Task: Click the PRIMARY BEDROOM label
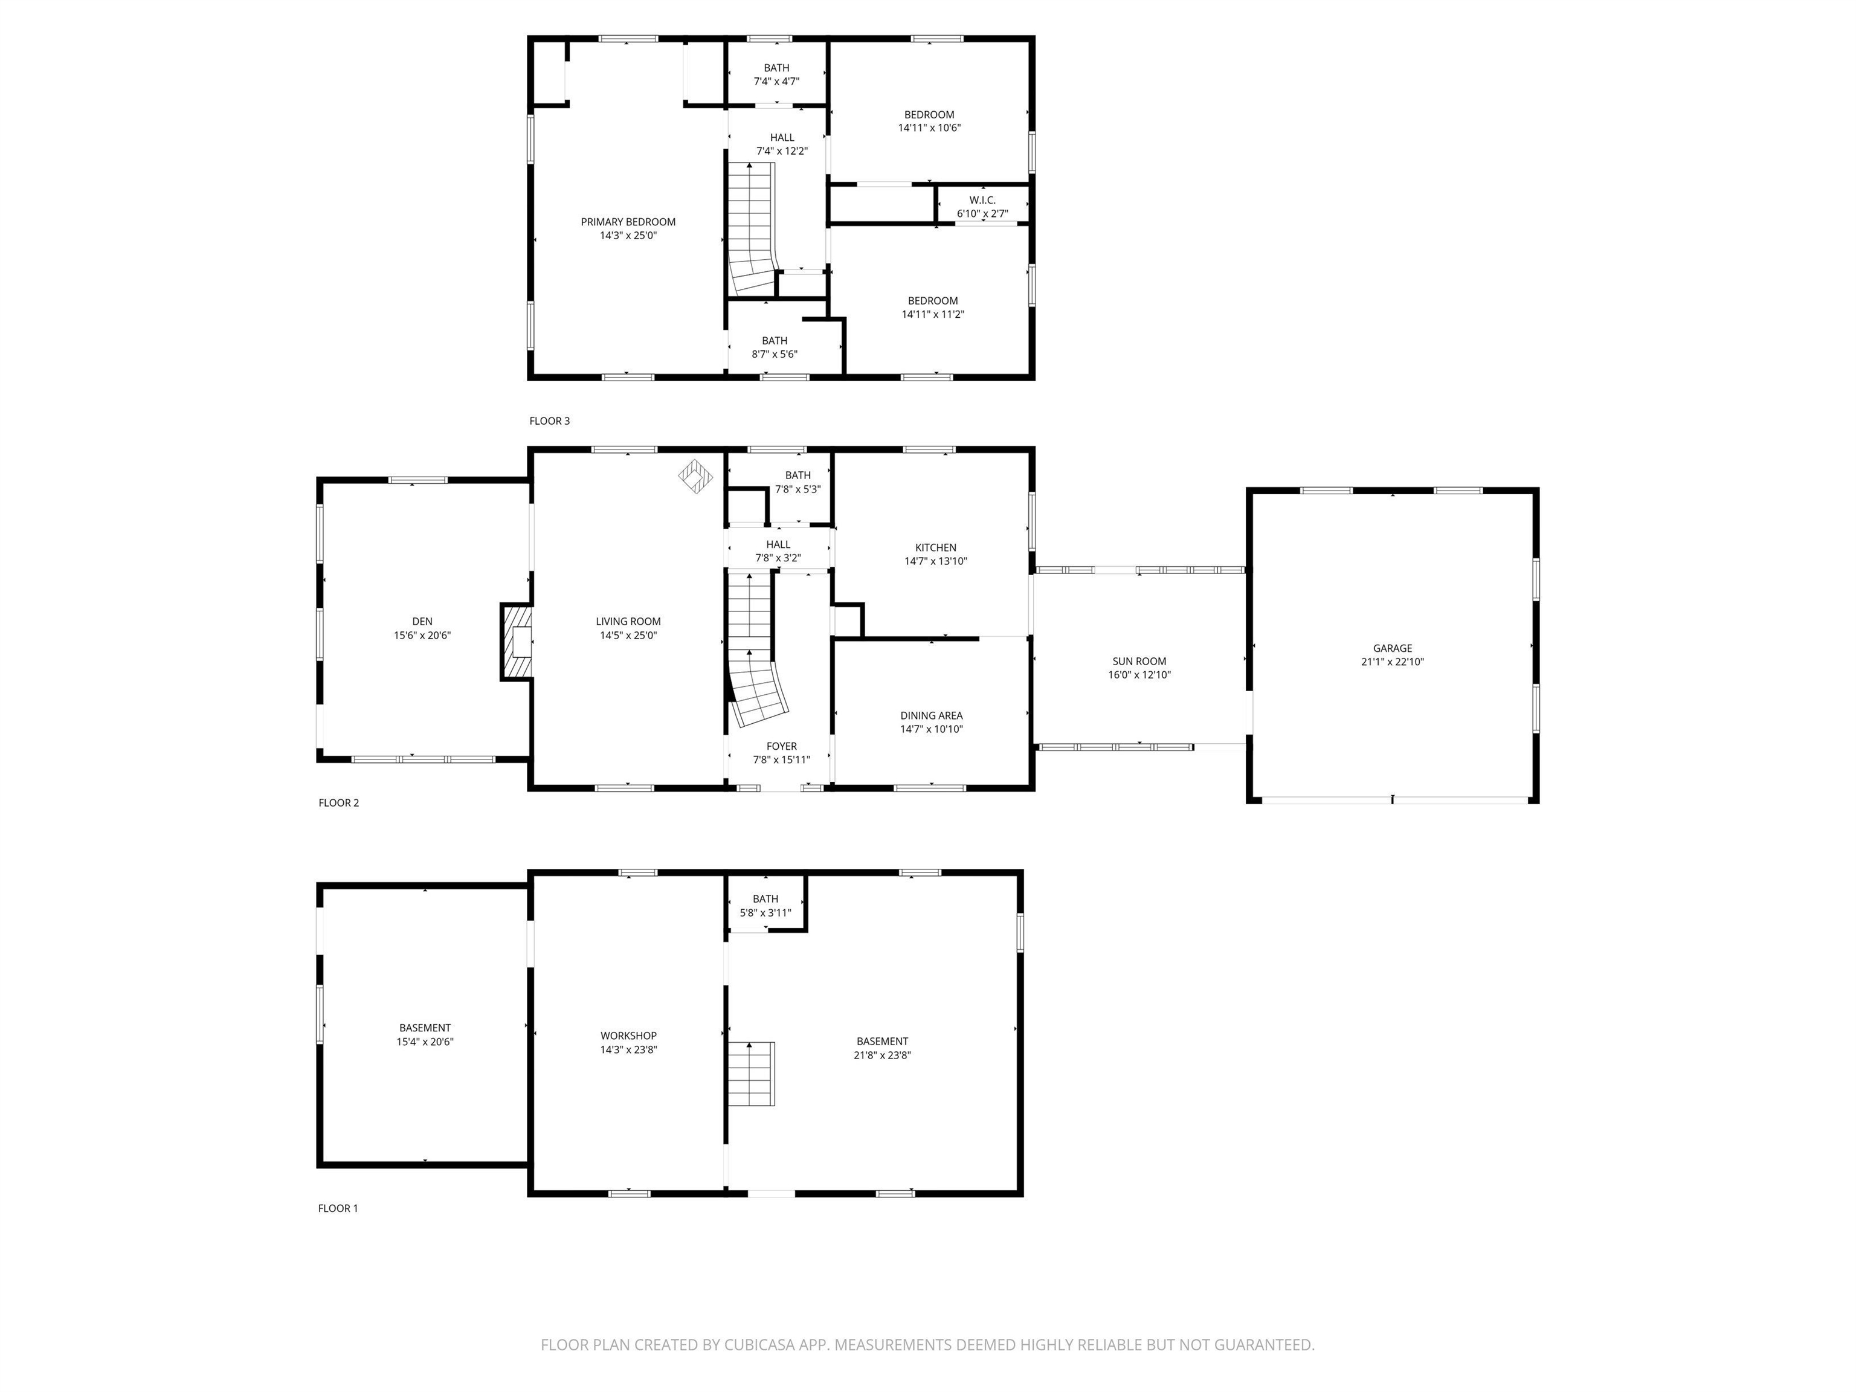pyautogui.click(x=628, y=222)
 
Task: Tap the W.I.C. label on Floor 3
pyautogui.click(x=982, y=201)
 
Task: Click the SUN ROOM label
pyautogui.click(x=1139, y=661)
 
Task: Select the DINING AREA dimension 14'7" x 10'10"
pyautogui.click(x=932, y=729)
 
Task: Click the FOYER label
pyautogui.click(x=781, y=746)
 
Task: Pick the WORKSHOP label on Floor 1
pyautogui.click(x=628, y=1036)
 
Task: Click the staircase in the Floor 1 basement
pyautogui.click(x=751, y=1074)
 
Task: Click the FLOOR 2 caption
pyautogui.click(x=338, y=803)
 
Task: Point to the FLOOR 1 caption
pyautogui.click(x=337, y=1208)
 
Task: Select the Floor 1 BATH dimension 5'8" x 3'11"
pyautogui.click(x=765, y=913)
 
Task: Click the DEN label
pyautogui.click(x=422, y=622)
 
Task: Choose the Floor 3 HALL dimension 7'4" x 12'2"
pyautogui.click(x=781, y=152)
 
